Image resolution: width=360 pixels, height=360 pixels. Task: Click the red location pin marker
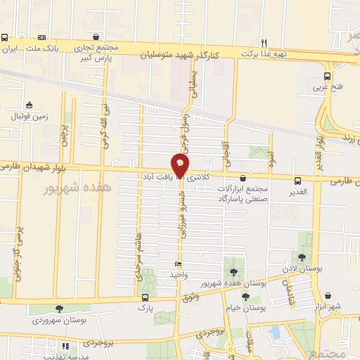(x=181, y=164)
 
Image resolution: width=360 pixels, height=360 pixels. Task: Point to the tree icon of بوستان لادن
(x=302, y=257)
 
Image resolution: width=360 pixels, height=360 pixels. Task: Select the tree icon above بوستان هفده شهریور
(x=233, y=272)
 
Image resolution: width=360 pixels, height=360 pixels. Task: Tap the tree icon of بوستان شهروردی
(x=58, y=309)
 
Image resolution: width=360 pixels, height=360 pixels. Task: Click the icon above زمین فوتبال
(x=28, y=105)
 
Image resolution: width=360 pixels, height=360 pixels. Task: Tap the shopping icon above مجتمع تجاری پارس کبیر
(x=96, y=38)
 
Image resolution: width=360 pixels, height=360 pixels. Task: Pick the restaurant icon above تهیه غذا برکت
(x=264, y=41)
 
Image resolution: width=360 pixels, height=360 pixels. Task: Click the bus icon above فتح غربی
(x=327, y=76)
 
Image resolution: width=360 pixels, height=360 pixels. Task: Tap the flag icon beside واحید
(x=178, y=264)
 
